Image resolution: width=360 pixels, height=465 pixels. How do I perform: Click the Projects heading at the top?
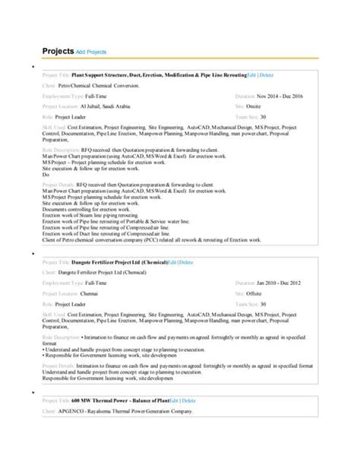click(57, 51)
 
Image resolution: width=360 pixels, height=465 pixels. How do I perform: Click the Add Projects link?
click(91, 52)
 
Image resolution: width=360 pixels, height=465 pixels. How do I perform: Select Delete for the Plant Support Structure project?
click(266, 75)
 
